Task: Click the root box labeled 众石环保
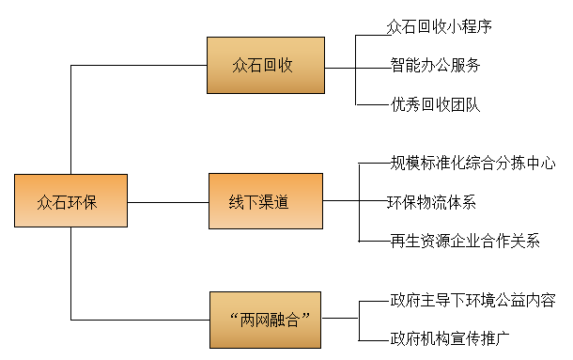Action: (71, 201)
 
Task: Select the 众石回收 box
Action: (265, 65)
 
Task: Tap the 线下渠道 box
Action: (265, 201)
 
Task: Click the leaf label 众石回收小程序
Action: (439, 26)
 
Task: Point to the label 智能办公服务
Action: (435, 66)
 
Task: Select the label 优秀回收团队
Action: (435, 104)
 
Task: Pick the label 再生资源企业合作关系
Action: (464, 241)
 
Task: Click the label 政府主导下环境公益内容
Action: (472, 301)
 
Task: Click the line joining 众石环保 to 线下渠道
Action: (169, 201)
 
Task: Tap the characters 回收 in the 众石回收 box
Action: (280, 65)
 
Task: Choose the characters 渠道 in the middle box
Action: (280, 201)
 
